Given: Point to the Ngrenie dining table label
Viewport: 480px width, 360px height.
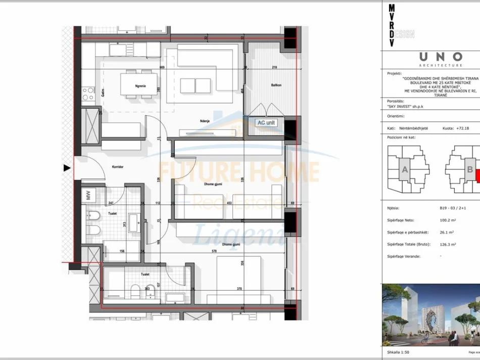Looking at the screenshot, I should [140, 86].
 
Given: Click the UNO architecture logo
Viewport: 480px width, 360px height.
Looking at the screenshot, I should [440, 58].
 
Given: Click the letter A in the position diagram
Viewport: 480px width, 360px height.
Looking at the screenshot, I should [404, 170].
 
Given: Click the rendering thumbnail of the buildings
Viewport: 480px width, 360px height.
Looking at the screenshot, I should [431, 313].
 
